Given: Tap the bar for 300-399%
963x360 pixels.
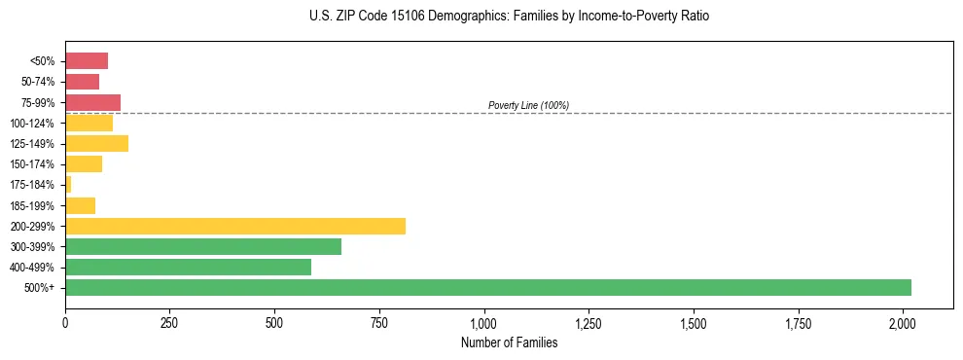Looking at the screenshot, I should tap(203, 246).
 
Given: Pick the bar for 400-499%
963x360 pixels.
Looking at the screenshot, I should tap(188, 267).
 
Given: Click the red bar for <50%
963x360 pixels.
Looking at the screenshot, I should tap(87, 61).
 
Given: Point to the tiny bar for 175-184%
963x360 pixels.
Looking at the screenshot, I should tap(68, 184).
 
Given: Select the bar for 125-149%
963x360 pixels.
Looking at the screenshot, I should tap(96, 143).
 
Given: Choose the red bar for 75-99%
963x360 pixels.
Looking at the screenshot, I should tap(92, 102).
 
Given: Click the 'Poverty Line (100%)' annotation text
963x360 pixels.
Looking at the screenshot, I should tap(528, 105).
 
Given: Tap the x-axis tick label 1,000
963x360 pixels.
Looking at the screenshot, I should tap(484, 322).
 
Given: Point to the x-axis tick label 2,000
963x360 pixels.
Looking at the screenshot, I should tap(903, 322).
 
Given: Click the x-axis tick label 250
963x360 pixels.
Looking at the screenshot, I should tap(170, 322).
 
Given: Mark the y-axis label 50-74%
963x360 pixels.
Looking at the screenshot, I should tap(39, 82).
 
